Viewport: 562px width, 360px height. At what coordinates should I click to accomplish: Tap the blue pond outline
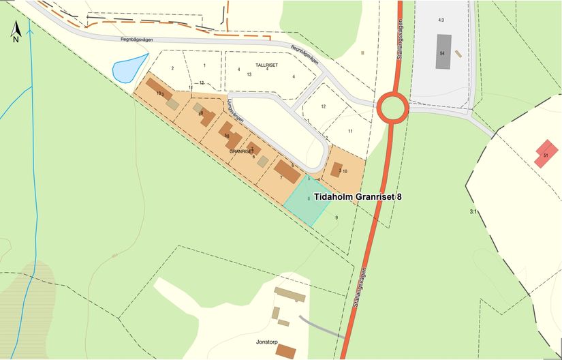click(128, 67)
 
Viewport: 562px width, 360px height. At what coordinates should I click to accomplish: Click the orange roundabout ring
click(393, 108)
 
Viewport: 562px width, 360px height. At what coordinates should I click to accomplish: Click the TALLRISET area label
click(267, 64)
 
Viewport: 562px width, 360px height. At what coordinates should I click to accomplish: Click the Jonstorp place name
click(268, 340)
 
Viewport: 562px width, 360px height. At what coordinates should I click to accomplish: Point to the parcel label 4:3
click(441, 20)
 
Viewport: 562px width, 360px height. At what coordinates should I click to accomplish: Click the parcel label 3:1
click(473, 212)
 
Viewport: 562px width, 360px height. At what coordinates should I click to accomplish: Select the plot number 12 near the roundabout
click(323, 107)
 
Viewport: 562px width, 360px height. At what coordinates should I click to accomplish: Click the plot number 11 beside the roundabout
click(350, 130)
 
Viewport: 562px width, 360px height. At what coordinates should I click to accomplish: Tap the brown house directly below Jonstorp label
click(287, 352)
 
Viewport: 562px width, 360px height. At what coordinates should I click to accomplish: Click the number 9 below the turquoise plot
click(336, 217)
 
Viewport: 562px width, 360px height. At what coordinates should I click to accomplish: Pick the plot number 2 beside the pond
click(173, 68)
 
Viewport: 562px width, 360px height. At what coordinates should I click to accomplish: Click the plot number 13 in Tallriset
click(249, 74)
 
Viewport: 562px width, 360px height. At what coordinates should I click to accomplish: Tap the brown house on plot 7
click(287, 171)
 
